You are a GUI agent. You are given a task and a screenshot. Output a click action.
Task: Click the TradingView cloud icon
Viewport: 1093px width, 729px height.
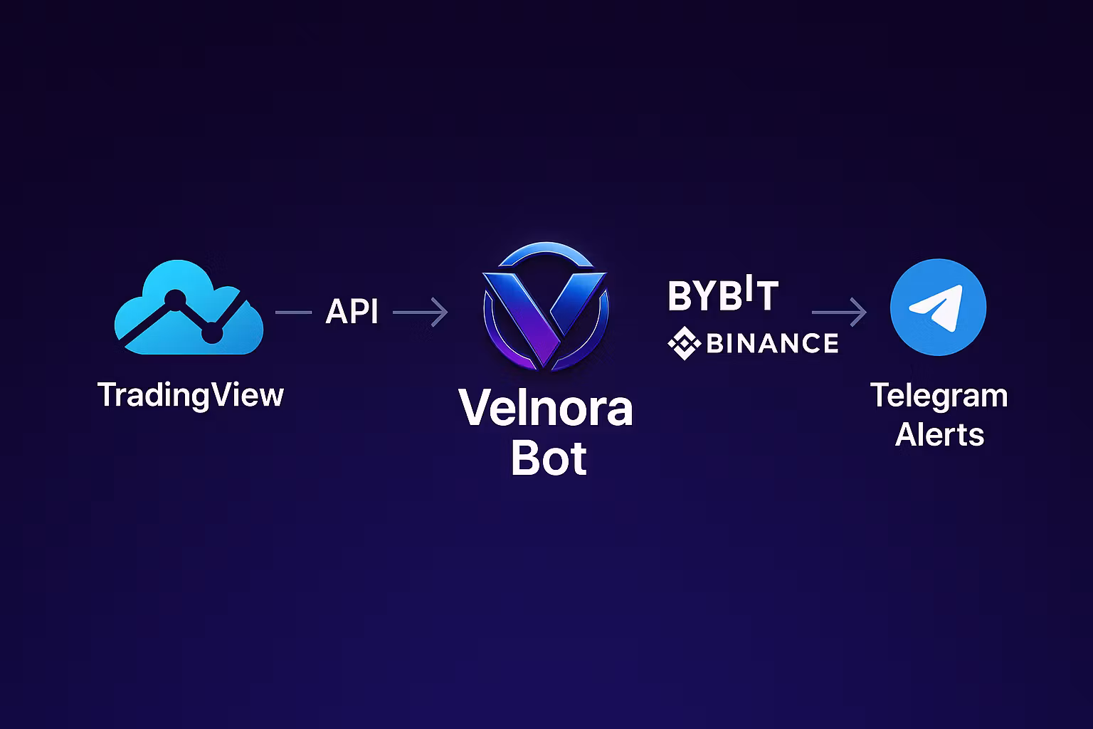pos(189,307)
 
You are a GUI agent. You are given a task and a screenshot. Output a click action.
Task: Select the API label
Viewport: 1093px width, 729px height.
pos(352,311)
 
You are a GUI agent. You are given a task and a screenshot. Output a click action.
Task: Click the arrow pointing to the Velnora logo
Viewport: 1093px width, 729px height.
pos(420,312)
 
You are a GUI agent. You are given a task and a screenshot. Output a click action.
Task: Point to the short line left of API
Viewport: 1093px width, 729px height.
pos(294,312)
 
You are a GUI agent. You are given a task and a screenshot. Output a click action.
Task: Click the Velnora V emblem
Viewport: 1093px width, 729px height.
pos(546,306)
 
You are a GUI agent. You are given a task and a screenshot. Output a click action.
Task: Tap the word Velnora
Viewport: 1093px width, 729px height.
pos(546,408)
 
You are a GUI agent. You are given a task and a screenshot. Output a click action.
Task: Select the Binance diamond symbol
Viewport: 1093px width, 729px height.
pos(684,342)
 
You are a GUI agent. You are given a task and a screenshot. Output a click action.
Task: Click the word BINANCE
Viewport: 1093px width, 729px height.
pos(772,342)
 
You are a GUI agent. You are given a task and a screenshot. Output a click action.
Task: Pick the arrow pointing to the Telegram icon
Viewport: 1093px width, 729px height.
pos(839,312)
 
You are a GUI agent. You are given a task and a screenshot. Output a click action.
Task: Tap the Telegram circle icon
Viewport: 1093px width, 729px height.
pos(938,307)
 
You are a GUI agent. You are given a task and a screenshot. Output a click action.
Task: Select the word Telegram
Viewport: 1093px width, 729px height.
pos(939,397)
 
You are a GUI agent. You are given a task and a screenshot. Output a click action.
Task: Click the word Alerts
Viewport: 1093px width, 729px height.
pos(939,434)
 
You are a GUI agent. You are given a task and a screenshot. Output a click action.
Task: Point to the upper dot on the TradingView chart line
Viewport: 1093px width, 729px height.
pos(175,300)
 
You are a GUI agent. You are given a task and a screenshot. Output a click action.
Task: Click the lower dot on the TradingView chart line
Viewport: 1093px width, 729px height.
pos(212,333)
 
